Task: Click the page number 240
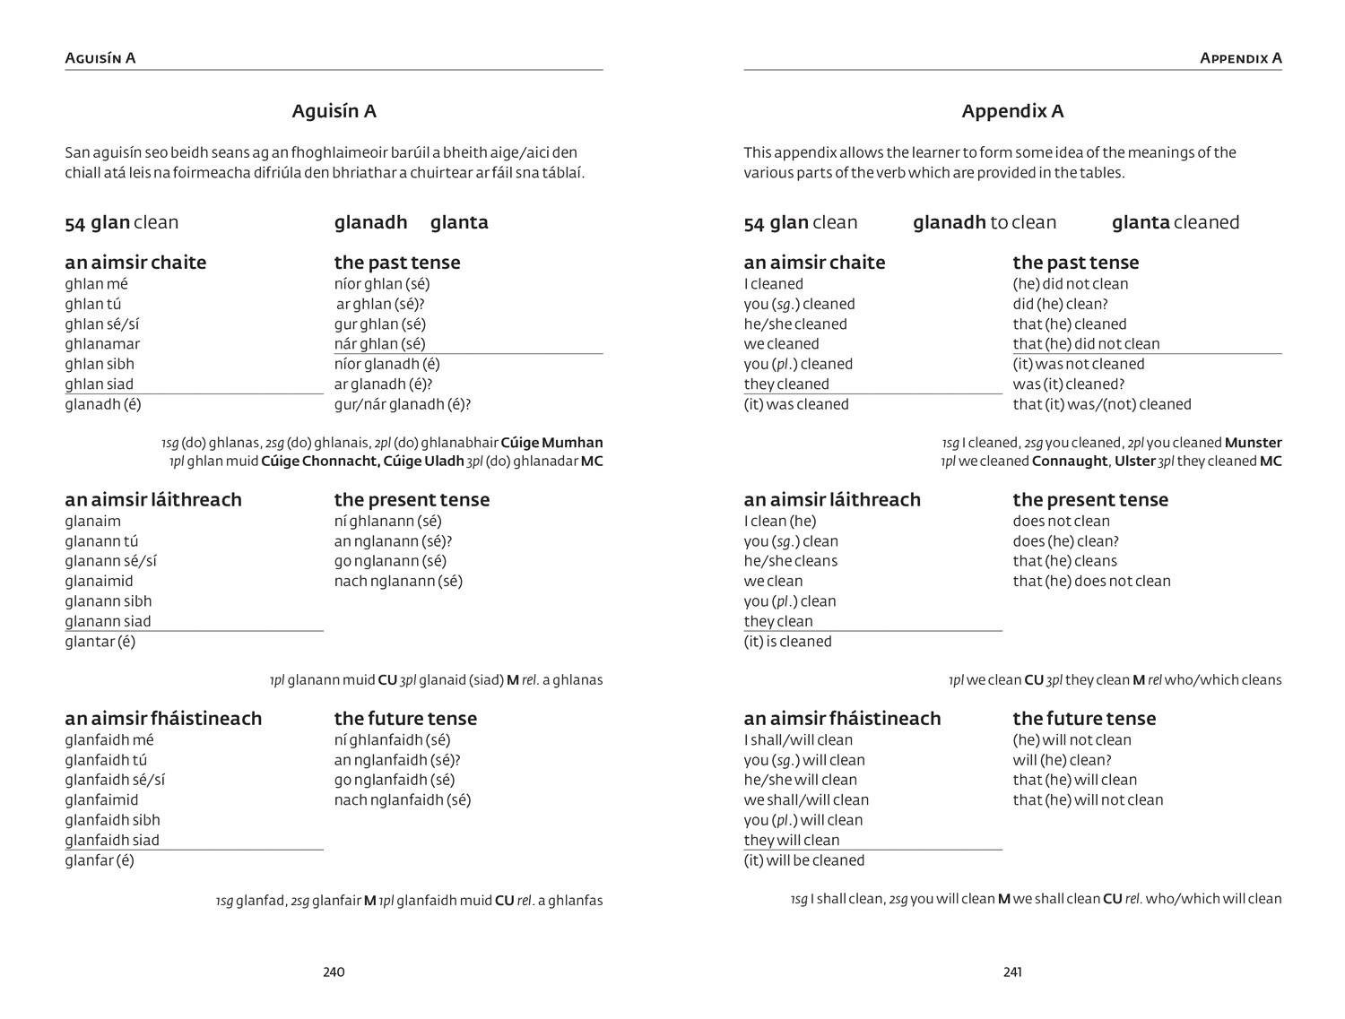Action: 334,972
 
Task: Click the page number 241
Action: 1012,972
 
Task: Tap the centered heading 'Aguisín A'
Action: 334,111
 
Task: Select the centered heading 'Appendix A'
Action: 1012,111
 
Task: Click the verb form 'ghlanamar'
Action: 102,344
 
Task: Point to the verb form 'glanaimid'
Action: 99,581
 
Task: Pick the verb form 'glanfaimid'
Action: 101,799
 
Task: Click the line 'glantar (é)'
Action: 100,642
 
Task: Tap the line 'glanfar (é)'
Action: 99,860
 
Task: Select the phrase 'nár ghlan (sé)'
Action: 379,344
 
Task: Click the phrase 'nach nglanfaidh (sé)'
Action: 402,799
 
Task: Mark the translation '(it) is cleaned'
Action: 787,642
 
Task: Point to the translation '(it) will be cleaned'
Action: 803,860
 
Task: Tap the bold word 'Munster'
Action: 1253,443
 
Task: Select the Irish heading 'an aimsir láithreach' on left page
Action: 153,499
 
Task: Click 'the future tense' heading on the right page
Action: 1084,718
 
